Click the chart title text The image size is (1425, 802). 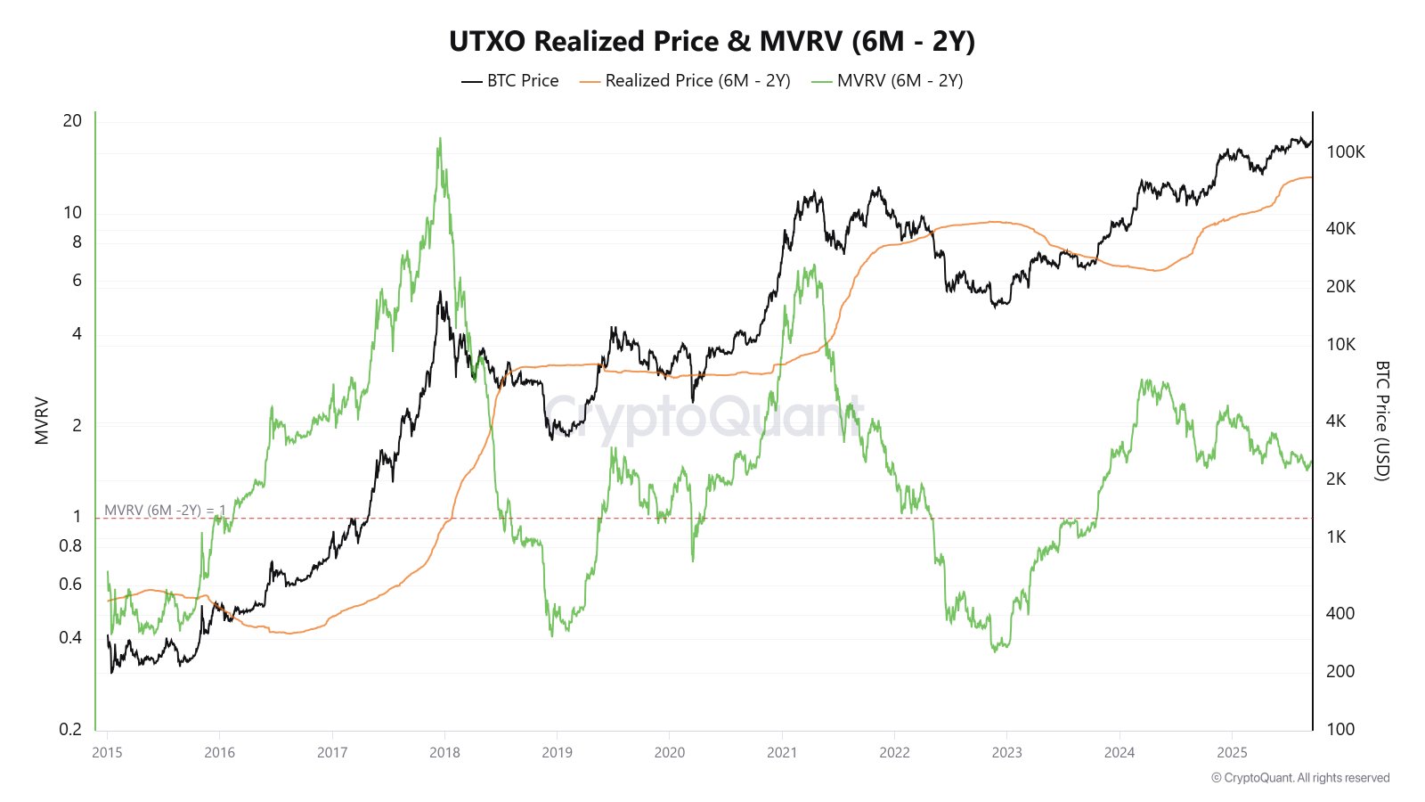coord(712,42)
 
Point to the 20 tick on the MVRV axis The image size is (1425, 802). coord(72,120)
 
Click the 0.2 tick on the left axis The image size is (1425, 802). coord(70,729)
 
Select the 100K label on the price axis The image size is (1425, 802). coord(1345,151)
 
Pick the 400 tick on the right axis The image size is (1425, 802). coord(1339,613)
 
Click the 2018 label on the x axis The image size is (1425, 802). coord(444,752)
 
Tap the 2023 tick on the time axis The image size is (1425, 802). coord(1006,752)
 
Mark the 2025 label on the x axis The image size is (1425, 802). coord(1232,752)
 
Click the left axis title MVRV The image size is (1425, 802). coord(42,421)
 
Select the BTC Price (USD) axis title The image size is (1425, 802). coord(1381,421)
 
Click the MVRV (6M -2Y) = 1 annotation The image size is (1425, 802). coord(165,510)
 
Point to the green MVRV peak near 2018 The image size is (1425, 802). coord(439,140)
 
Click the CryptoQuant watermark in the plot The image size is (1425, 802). coord(704,417)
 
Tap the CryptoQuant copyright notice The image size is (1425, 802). coord(1299,778)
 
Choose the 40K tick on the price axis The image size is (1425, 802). coord(1340,228)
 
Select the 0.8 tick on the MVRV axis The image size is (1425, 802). coord(70,545)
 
